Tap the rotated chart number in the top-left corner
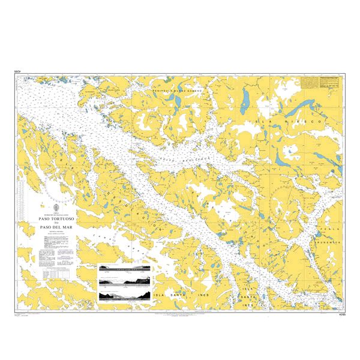tap(17, 72)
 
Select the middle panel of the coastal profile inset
tap(125, 280)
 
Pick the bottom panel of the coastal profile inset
tap(125, 295)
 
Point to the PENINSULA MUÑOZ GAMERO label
tap(178, 91)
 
